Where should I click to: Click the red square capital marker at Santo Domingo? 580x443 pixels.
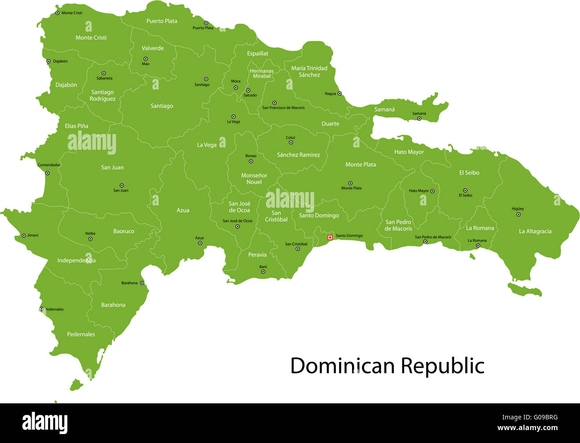(x=330, y=238)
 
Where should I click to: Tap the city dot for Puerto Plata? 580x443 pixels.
(x=206, y=23)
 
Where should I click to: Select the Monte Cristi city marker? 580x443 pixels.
(x=57, y=13)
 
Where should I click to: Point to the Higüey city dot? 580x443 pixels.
(x=518, y=214)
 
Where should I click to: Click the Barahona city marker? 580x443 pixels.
(x=142, y=283)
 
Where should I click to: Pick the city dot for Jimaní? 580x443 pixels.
(x=24, y=235)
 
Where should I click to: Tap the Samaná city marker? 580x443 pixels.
(x=419, y=119)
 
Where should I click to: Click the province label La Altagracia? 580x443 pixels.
(x=535, y=231)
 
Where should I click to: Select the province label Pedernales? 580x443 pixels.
(x=81, y=334)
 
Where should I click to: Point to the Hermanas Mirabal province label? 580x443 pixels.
(x=261, y=74)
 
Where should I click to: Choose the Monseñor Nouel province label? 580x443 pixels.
(x=254, y=179)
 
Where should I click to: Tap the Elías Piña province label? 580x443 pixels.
(x=76, y=126)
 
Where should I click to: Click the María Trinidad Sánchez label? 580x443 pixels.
(x=309, y=71)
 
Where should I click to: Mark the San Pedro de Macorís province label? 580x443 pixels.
(x=398, y=225)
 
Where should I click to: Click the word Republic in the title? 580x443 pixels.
(x=442, y=366)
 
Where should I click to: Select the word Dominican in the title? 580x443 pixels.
(x=343, y=366)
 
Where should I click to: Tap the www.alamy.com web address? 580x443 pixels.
(x=527, y=428)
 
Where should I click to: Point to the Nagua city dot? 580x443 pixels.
(x=340, y=94)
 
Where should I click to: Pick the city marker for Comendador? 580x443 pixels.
(x=47, y=173)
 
